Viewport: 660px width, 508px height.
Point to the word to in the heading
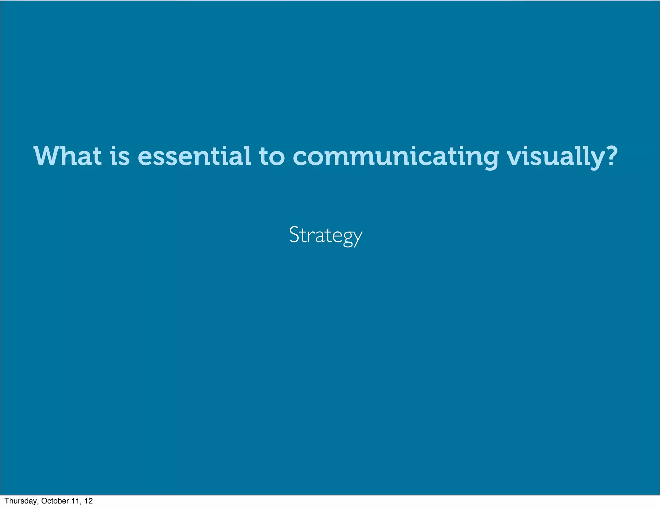272,157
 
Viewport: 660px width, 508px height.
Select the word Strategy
326,235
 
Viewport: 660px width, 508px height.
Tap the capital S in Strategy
294,234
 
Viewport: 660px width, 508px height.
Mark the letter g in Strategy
347,239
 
